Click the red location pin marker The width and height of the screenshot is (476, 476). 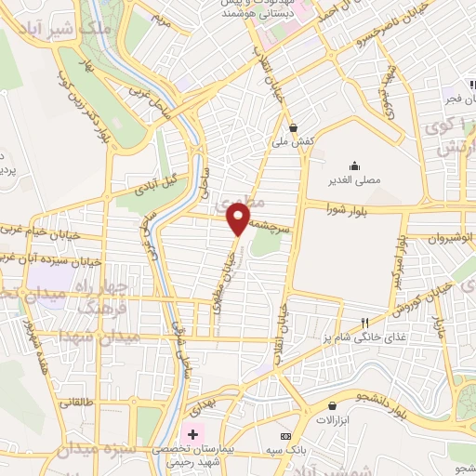click(x=239, y=219)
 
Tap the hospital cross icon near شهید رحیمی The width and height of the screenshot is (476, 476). click(x=193, y=434)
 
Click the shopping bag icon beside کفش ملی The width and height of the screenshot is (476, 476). click(x=294, y=127)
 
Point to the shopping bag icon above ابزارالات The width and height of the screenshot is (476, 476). click(x=333, y=405)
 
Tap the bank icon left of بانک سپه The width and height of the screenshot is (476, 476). click(x=285, y=436)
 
